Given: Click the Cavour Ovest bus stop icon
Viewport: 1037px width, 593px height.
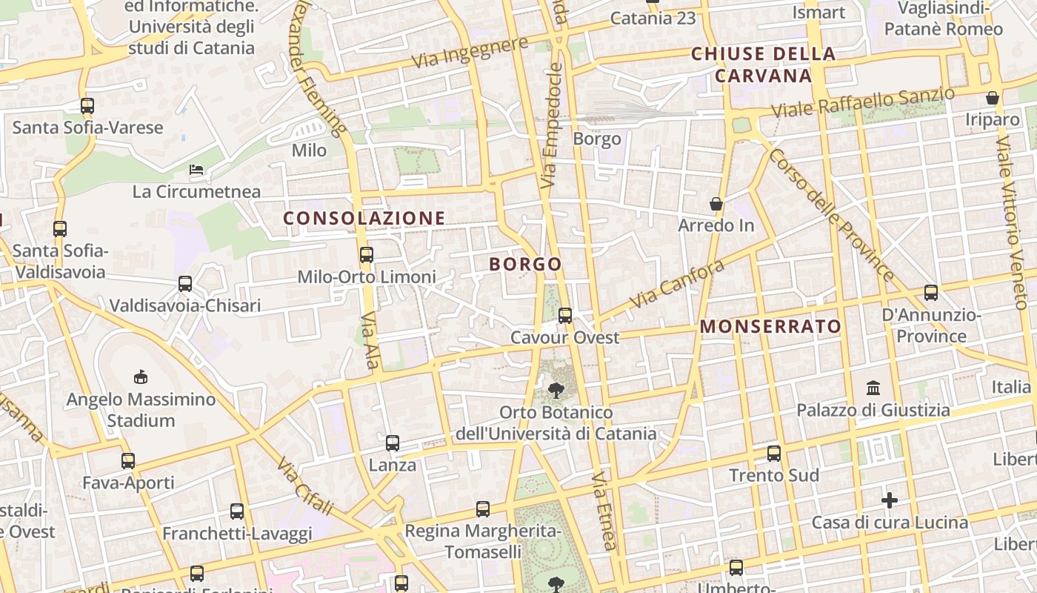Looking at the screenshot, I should [x=565, y=316].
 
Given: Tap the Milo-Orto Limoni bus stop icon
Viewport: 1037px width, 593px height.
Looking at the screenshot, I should [x=366, y=255].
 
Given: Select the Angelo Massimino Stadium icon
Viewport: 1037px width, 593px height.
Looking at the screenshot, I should [x=141, y=377].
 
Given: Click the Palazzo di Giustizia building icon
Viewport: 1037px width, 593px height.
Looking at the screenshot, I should [x=873, y=388].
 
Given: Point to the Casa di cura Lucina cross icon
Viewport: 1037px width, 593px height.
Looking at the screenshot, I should [x=890, y=500].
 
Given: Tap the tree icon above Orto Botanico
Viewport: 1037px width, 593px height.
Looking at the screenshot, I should [x=556, y=390].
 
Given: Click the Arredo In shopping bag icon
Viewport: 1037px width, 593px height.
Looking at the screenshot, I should [x=716, y=203].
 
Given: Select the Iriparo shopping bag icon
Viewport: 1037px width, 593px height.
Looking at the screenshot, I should [x=993, y=98].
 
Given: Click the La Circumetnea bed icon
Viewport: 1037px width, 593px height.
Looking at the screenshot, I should [x=196, y=170].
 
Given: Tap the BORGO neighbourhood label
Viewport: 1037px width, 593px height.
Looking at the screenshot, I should [x=525, y=264].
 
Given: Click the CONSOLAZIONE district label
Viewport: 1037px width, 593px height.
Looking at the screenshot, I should [x=364, y=218].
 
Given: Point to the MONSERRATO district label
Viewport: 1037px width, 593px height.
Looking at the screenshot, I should [x=770, y=326].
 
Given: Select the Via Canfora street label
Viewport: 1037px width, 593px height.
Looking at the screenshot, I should [x=677, y=284].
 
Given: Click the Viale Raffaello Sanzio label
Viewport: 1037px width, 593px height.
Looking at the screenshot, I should [x=863, y=103].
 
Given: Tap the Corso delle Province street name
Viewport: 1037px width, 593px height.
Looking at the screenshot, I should [x=832, y=215].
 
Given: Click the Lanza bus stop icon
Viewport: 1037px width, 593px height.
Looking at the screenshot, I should [x=393, y=443].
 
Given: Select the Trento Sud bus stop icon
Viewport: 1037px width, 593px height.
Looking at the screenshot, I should [x=774, y=454].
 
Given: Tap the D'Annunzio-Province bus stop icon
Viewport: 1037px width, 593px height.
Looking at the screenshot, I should [x=931, y=293].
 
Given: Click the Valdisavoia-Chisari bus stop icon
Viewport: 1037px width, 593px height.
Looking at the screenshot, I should [x=185, y=284].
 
